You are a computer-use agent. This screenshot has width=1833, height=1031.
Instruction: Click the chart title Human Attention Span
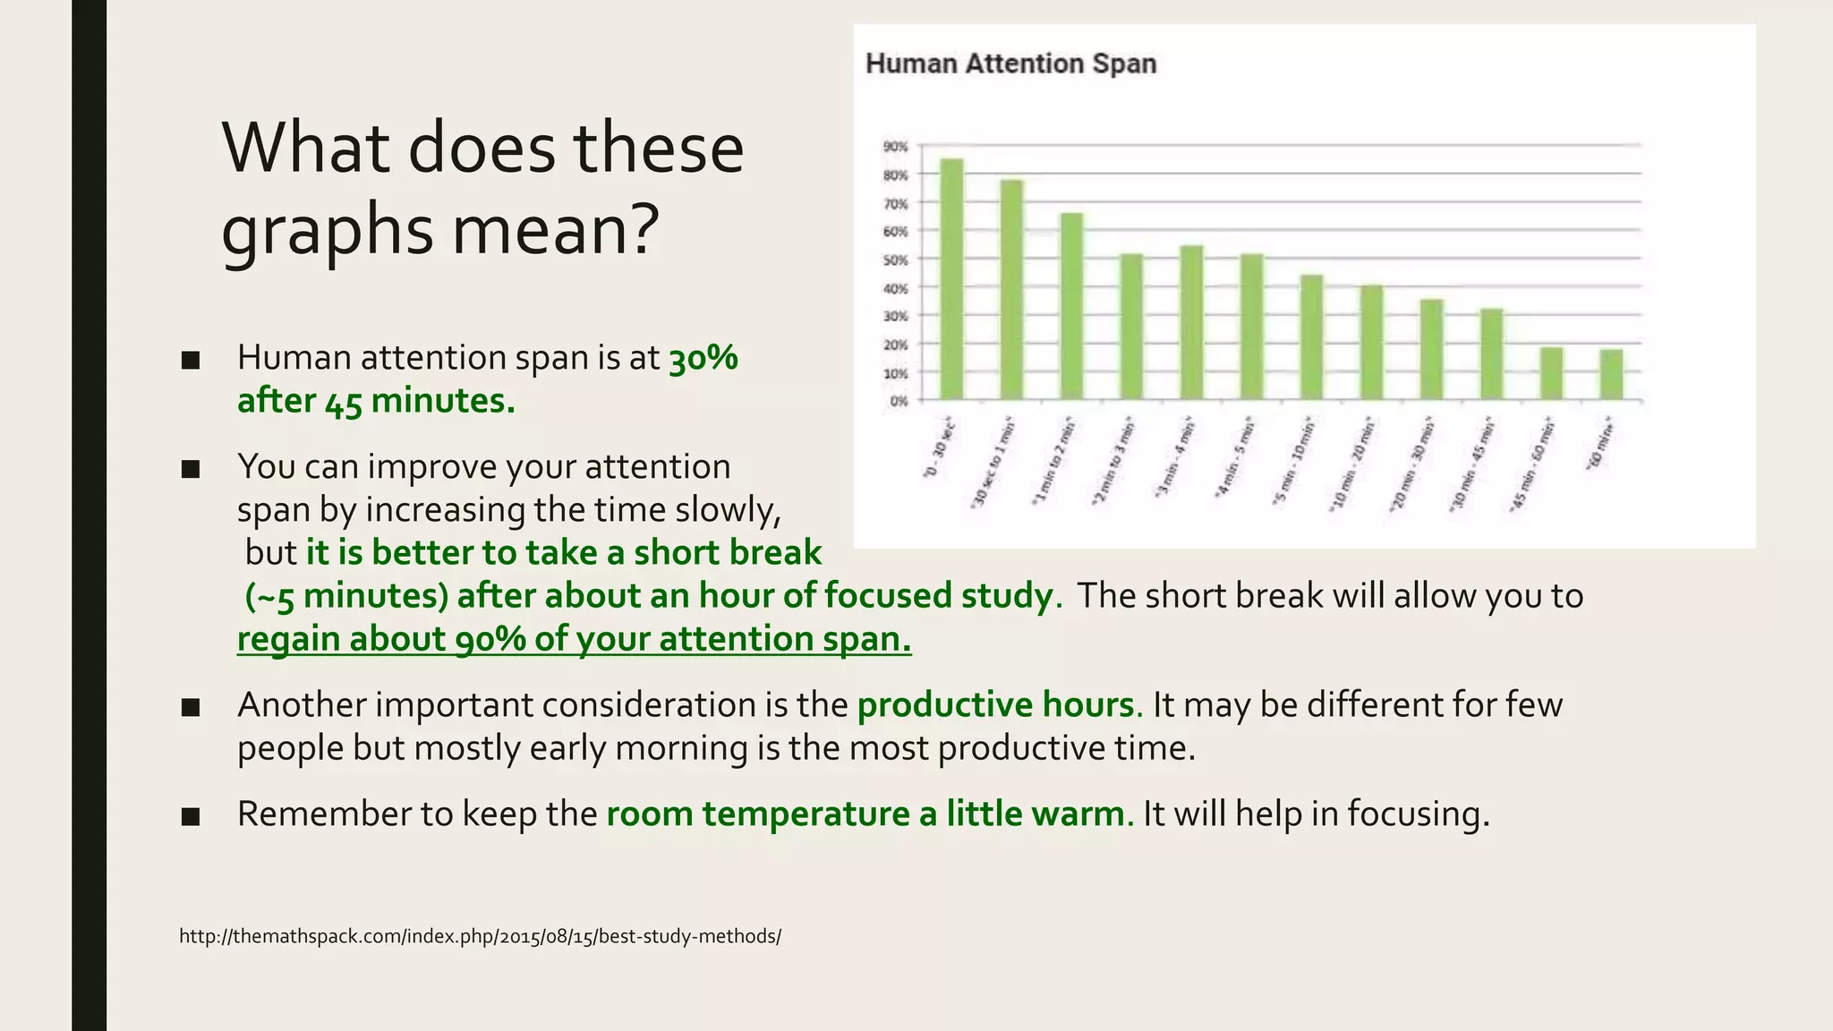1010,64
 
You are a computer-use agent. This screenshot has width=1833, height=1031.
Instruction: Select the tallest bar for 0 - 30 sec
951,279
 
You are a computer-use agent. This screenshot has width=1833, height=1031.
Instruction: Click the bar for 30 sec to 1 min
1011,290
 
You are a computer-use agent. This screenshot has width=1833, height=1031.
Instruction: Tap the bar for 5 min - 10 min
1311,337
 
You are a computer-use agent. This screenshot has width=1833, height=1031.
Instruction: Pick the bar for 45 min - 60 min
1551,373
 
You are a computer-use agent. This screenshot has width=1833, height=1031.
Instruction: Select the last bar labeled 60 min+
1611,374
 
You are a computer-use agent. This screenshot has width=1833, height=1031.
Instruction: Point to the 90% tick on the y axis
895,146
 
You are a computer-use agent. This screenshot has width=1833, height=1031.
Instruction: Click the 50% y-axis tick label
895,260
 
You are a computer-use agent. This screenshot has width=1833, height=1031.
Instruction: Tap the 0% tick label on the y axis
898,401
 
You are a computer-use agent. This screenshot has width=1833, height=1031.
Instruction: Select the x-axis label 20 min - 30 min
1412,465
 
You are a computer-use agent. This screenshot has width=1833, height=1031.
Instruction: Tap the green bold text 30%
703,358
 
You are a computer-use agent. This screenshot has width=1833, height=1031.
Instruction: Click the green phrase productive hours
995,705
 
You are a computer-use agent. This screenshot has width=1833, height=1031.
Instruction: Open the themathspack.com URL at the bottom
480,936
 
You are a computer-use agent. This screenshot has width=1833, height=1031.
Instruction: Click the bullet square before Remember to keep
190,816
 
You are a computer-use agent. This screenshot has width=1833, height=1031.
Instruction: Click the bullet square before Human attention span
190,361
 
